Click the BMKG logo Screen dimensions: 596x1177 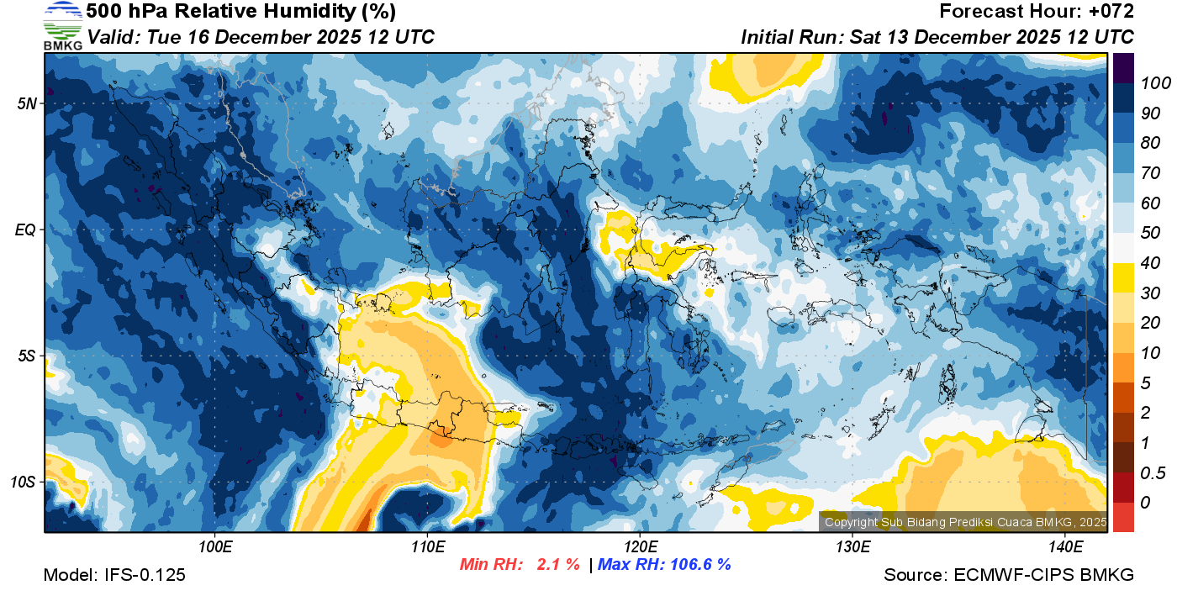point(63,25)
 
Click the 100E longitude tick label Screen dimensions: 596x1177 point(215,547)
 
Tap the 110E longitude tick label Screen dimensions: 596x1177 point(427,547)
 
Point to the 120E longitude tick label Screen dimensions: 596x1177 point(640,547)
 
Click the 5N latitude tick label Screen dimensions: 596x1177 point(28,103)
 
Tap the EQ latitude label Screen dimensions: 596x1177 point(27,229)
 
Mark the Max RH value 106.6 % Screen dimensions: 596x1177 point(699,564)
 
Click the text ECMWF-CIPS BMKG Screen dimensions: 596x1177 point(1043,575)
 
